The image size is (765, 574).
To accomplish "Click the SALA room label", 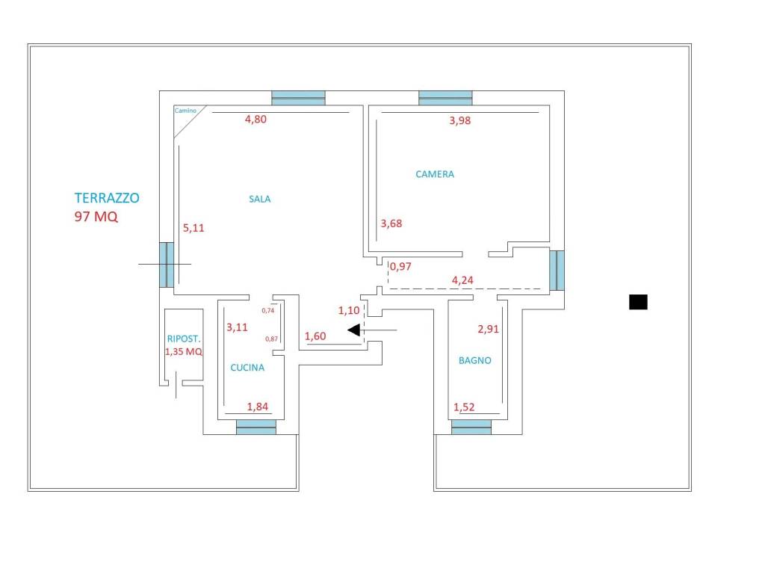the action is [x=259, y=199].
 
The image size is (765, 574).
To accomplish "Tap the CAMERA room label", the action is [x=435, y=174].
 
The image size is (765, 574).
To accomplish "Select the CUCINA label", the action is [x=247, y=368].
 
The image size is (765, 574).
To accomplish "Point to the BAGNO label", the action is [x=474, y=361].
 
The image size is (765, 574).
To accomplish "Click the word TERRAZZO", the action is [x=107, y=197].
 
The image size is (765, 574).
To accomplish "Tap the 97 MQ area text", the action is [x=96, y=216].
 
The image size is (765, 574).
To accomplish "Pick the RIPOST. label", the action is [x=184, y=339].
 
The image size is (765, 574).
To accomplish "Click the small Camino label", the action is [x=185, y=111].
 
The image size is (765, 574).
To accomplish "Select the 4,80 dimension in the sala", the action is [x=255, y=119].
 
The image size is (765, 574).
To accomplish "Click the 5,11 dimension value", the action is [x=193, y=228].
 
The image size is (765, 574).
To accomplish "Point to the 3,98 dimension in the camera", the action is [x=460, y=120].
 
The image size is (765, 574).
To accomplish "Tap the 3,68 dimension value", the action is [x=391, y=223].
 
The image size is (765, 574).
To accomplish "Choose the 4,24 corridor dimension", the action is [x=462, y=280].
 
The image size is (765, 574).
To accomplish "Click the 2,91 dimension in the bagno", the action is [x=489, y=329].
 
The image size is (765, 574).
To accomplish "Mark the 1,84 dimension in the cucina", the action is [x=258, y=407].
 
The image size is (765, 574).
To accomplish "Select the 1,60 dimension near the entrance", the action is [x=315, y=336].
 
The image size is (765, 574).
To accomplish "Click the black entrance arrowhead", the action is [x=353, y=330].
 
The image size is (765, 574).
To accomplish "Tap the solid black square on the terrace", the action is [x=638, y=302].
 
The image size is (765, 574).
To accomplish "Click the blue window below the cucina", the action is [x=256, y=427].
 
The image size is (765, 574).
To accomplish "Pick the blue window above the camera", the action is [x=445, y=98].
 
